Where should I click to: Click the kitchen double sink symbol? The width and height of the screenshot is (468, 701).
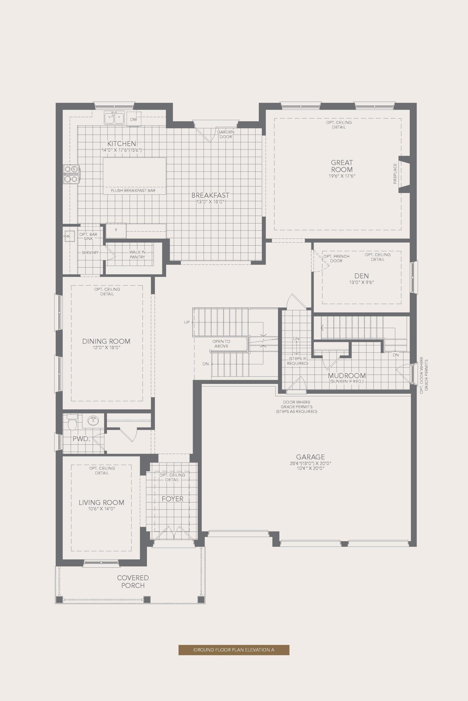(x=114, y=118)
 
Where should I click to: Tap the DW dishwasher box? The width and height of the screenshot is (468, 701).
(x=134, y=119)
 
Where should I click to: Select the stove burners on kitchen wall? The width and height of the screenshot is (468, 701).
(x=71, y=174)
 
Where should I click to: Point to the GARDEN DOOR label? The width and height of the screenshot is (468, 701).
(x=226, y=134)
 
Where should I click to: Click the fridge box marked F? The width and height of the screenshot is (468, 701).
(x=116, y=230)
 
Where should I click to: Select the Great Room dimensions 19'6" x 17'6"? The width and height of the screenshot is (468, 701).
(x=342, y=176)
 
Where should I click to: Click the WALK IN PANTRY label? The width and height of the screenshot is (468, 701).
(x=137, y=254)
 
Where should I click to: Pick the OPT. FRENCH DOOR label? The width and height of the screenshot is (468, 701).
(x=336, y=258)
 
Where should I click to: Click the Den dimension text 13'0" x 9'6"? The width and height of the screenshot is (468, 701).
(x=361, y=282)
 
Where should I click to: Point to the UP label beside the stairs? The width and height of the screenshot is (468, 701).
(x=186, y=322)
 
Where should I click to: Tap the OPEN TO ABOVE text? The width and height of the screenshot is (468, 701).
(x=221, y=344)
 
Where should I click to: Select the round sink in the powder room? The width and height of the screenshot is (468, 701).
(x=93, y=421)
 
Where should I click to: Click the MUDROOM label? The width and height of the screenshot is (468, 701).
(x=347, y=375)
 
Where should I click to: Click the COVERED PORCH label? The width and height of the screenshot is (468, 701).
(x=133, y=582)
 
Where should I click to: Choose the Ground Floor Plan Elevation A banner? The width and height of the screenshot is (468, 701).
(x=234, y=650)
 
